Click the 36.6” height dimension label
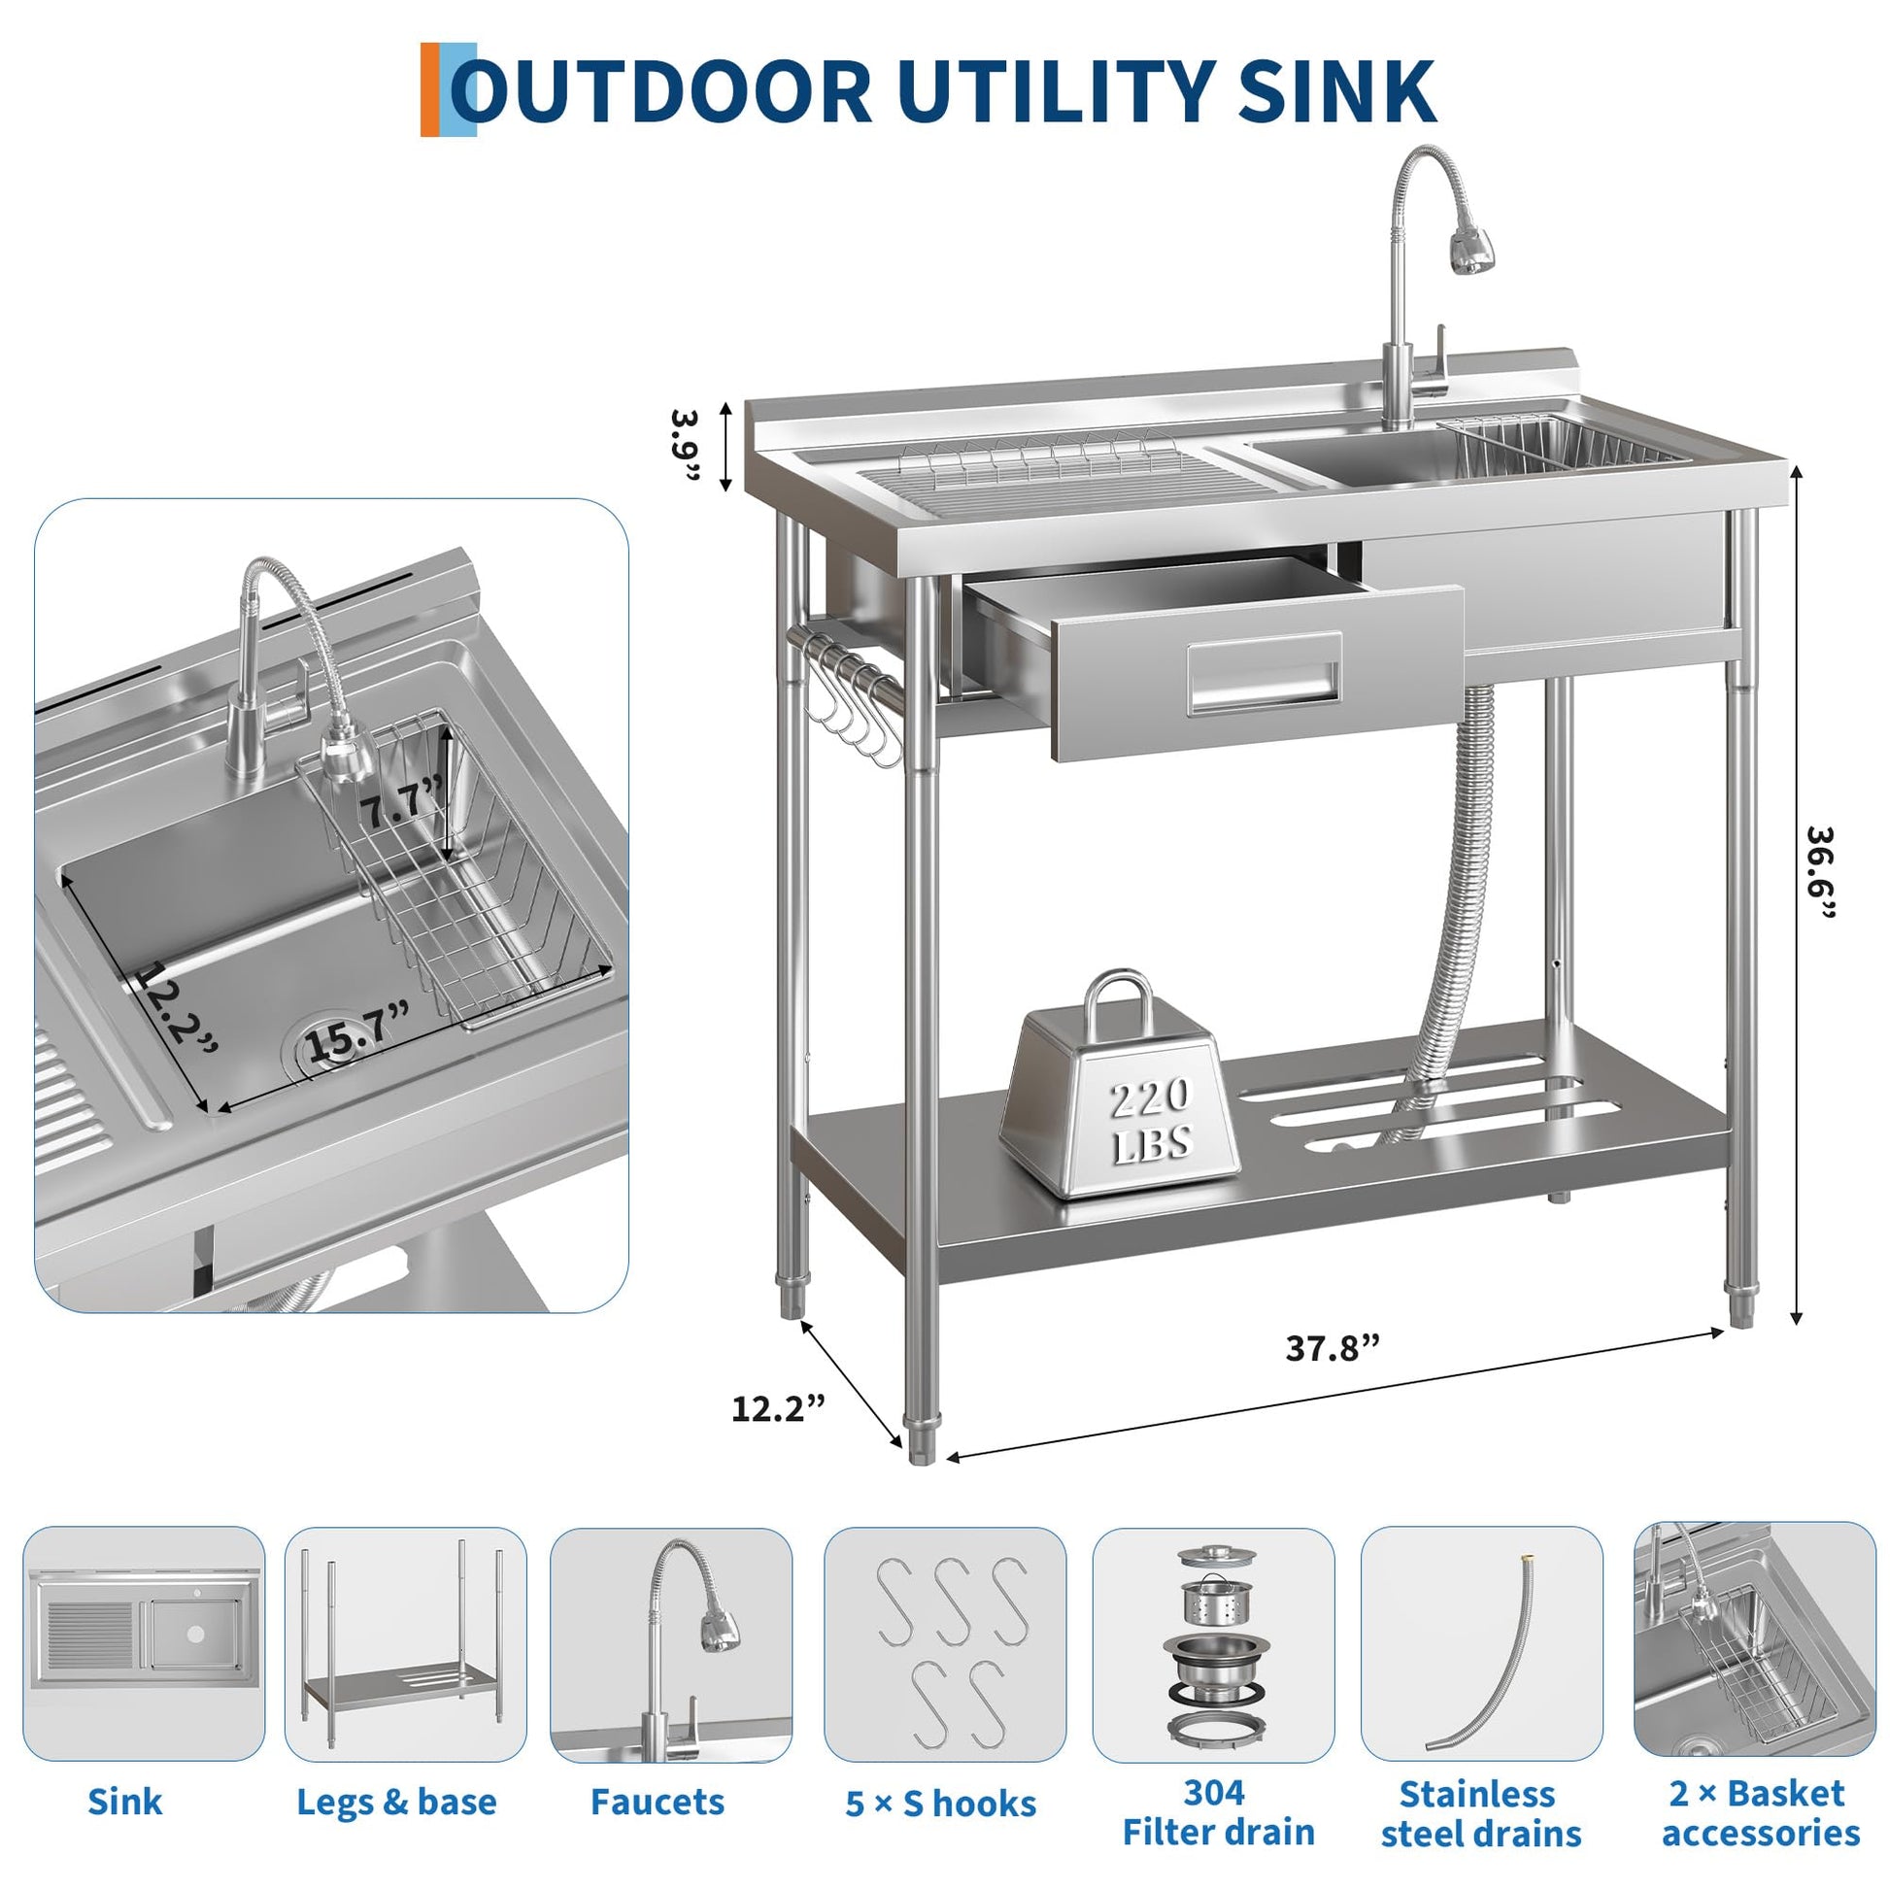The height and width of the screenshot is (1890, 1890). [x=1819, y=872]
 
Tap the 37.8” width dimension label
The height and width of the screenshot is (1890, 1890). [x=1333, y=1349]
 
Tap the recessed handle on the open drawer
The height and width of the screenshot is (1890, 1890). [x=1265, y=676]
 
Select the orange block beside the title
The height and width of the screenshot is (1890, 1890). [x=430, y=89]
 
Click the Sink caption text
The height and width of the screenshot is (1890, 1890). [x=125, y=1801]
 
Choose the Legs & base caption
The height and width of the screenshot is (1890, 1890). [x=396, y=1802]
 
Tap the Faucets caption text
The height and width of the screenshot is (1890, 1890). [x=658, y=1802]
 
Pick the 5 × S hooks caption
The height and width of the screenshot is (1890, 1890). [x=940, y=1804]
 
